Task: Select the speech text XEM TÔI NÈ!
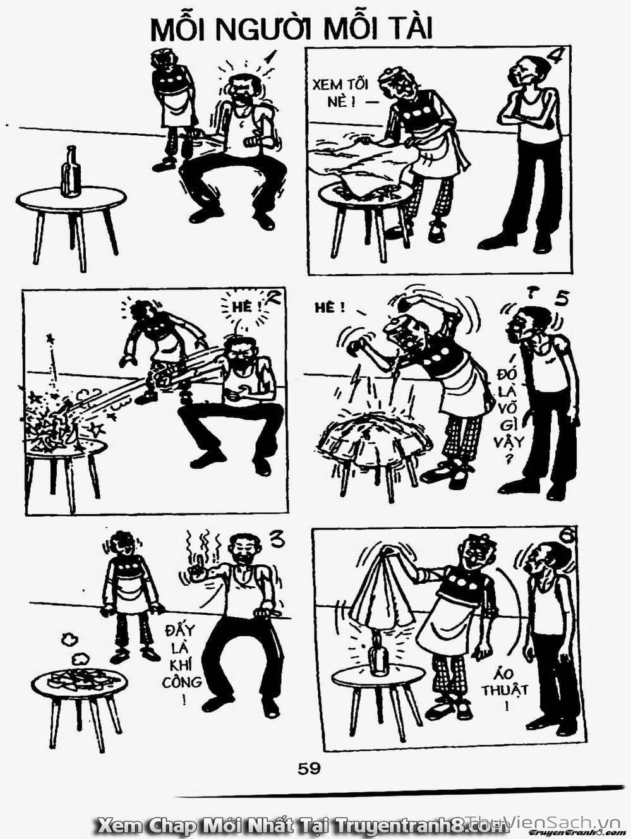click(339, 94)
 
